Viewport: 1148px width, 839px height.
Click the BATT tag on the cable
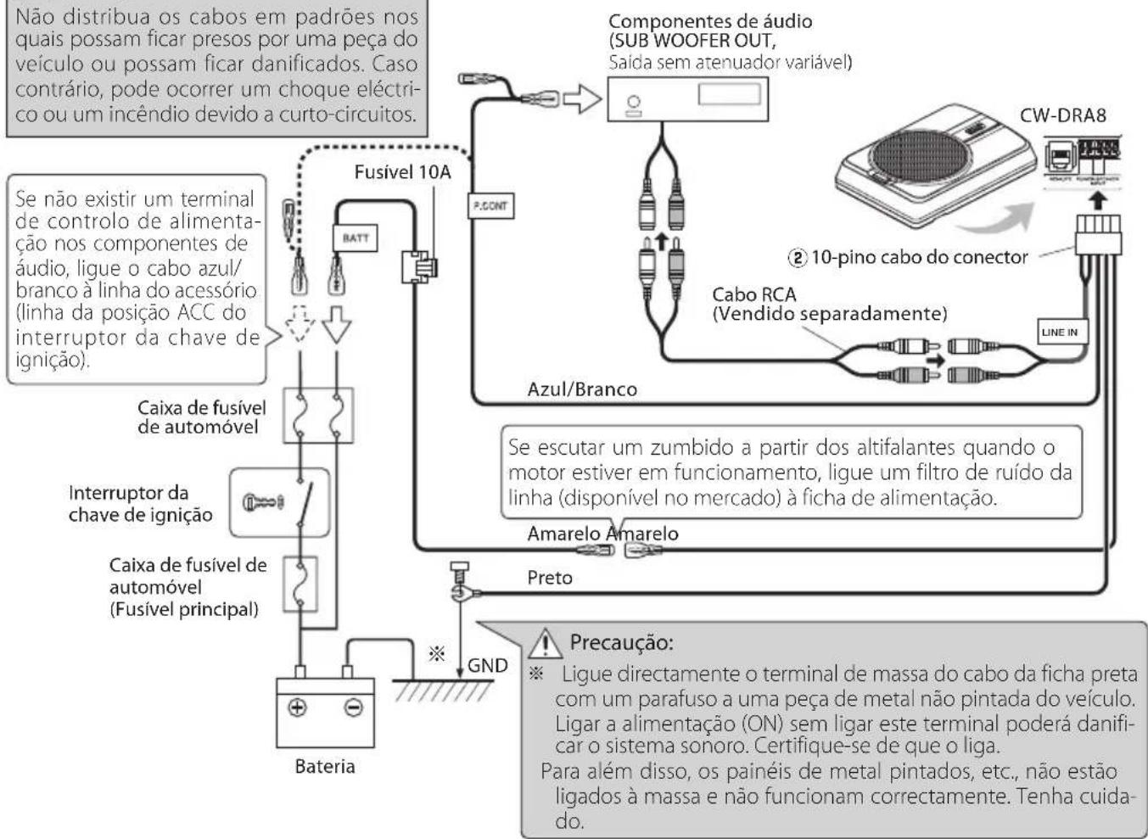click(x=356, y=238)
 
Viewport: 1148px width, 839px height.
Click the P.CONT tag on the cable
click(x=490, y=206)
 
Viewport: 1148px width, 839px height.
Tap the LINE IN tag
click(x=1059, y=332)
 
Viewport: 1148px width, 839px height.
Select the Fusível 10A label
click(x=402, y=172)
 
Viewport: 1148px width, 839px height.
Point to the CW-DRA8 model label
click(x=1062, y=115)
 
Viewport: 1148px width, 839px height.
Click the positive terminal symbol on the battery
click(x=298, y=708)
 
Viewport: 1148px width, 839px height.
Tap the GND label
click(x=487, y=665)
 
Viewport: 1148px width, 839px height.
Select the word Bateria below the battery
click(x=325, y=766)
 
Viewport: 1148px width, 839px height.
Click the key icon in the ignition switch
click(x=259, y=502)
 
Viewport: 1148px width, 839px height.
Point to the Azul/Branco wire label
click(x=582, y=389)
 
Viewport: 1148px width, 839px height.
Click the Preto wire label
click(x=550, y=578)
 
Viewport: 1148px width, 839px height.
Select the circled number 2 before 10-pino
click(x=798, y=256)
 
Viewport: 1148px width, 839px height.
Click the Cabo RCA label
click(x=753, y=294)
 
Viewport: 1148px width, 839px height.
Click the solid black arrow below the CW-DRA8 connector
click(x=1098, y=199)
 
